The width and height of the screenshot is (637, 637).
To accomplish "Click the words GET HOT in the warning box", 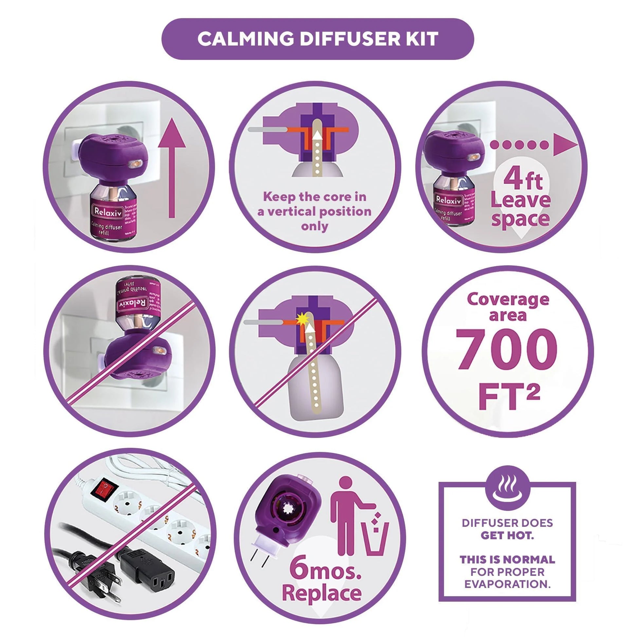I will (507, 535).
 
